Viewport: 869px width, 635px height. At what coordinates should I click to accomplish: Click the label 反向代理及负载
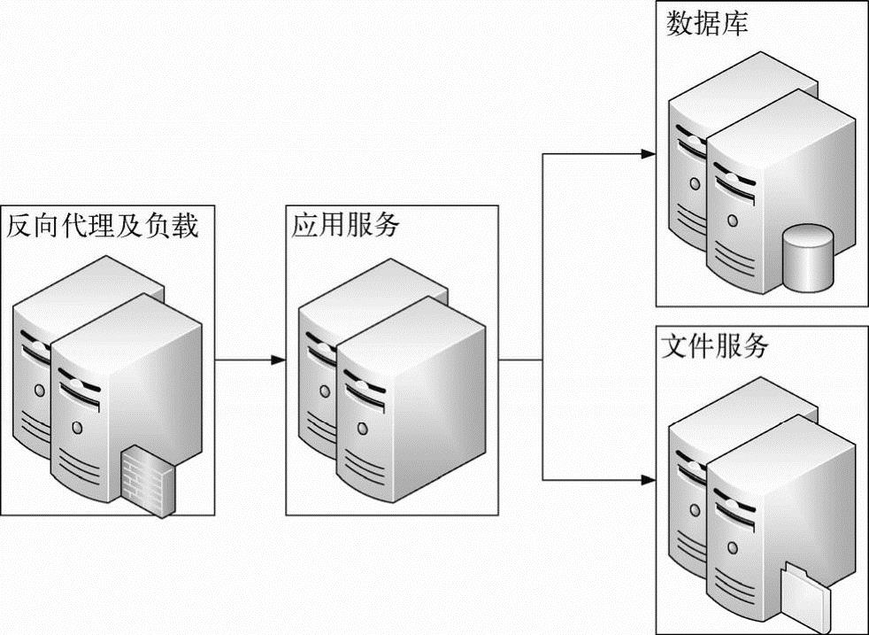[103, 226]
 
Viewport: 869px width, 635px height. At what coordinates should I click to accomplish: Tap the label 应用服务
[346, 226]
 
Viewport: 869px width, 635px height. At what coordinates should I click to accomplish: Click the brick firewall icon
[149, 477]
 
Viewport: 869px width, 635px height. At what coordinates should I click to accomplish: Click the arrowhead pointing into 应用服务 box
[279, 360]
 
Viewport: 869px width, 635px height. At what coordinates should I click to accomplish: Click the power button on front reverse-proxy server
[78, 428]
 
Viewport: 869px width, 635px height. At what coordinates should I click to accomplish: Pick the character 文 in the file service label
[675, 346]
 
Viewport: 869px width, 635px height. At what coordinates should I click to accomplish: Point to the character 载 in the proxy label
[185, 226]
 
